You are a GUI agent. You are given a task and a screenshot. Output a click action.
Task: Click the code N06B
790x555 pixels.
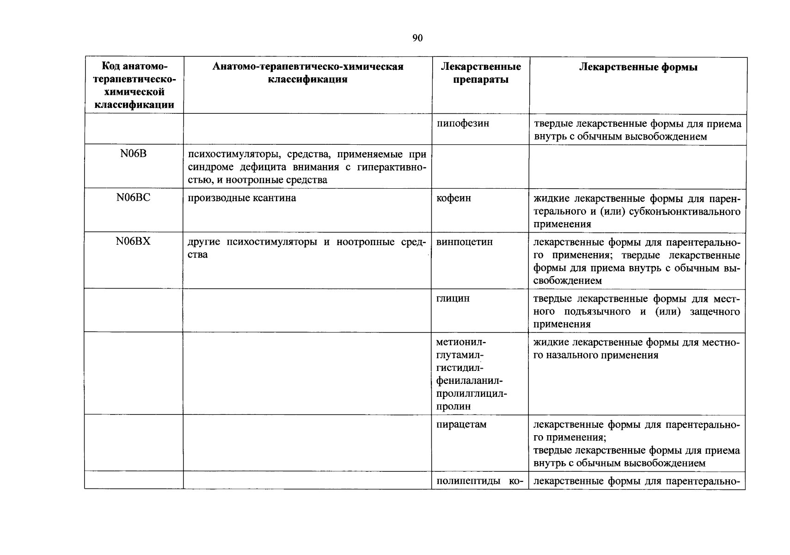[x=134, y=154]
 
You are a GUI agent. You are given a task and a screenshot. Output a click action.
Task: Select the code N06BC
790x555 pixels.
[x=134, y=198]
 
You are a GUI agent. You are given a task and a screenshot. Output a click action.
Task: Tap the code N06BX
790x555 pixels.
[x=134, y=241]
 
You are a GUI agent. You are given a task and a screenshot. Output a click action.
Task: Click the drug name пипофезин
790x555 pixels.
[x=463, y=123]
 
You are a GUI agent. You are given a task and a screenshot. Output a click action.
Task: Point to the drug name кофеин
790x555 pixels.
[x=454, y=198]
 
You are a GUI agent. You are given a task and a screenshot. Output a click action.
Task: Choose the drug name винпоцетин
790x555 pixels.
[x=465, y=242]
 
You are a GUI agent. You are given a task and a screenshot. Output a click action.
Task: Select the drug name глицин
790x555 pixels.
[x=453, y=298]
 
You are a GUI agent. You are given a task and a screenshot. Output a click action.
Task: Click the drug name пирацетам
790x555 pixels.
[x=461, y=424]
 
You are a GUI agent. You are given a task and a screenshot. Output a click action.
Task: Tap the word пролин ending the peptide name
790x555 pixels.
[x=453, y=407]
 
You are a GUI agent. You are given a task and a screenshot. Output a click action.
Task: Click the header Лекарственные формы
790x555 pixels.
[x=638, y=67]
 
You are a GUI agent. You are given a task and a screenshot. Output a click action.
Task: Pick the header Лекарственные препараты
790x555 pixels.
[x=481, y=73]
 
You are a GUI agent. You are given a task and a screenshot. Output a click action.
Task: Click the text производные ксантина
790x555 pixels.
[x=242, y=198]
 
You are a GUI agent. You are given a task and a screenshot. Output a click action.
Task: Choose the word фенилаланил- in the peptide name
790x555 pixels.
[x=469, y=381]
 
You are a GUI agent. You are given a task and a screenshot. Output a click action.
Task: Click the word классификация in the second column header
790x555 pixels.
[x=308, y=79]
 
